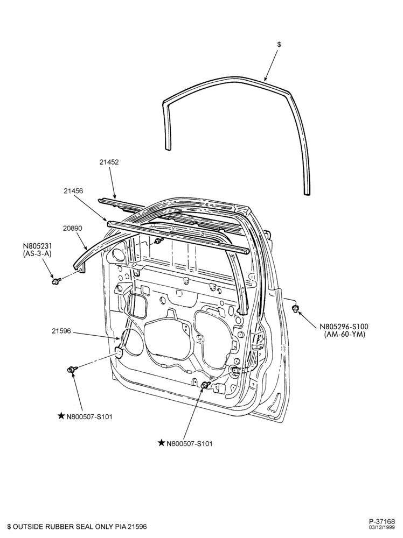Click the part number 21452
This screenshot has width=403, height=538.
tap(109, 162)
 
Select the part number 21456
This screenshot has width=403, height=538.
tap(73, 190)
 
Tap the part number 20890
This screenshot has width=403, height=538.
tap(73, 228)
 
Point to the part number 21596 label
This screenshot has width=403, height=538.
tap(61, 331)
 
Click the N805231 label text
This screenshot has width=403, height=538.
tap(38, 246)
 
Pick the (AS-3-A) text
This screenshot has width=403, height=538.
tap(38, 254)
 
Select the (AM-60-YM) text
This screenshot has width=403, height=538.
tap(345, 334)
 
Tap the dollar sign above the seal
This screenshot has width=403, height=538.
tap(279, 45)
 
